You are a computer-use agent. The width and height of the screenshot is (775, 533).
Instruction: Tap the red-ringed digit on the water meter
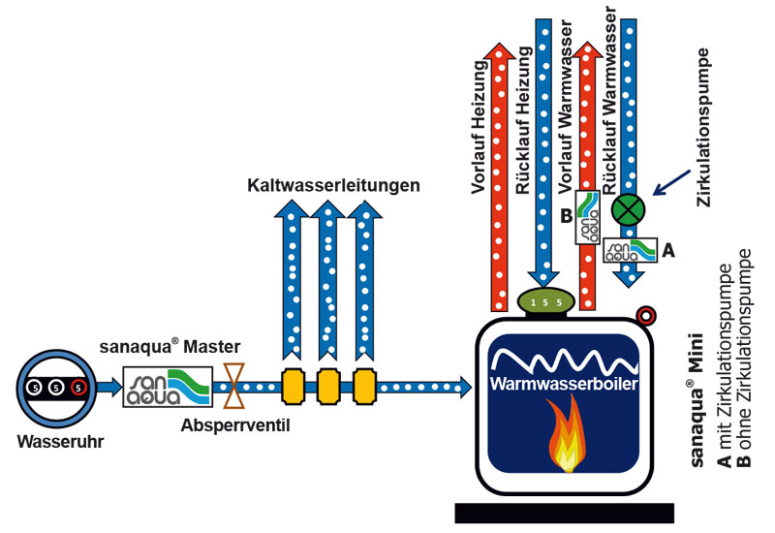pos(78,388)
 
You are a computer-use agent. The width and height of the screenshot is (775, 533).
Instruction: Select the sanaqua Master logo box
pos(168,387)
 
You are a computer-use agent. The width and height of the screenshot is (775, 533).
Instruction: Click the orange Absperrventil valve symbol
pos(233,386)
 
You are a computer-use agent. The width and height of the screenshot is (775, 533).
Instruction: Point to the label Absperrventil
pos(235,425)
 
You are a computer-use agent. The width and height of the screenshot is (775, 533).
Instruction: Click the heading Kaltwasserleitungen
pos(333,185)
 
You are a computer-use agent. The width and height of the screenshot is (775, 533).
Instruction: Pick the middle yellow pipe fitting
pos(328,387)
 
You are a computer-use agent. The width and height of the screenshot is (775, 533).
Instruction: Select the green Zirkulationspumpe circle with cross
pos(628,209)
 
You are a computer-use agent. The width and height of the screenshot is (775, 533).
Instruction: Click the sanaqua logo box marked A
pos(631,250)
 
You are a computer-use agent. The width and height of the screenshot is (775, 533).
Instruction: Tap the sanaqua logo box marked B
pos(588,217)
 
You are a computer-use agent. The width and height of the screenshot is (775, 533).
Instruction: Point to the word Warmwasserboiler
pos(564,384)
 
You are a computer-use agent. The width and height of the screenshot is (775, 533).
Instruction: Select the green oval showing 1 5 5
pos(545,301)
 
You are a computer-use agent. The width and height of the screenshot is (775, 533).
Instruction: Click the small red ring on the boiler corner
pos(646,315)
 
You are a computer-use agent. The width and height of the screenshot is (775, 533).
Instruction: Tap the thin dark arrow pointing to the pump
pos(671,182)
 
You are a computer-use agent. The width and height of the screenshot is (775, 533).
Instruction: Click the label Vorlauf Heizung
pos(480,127)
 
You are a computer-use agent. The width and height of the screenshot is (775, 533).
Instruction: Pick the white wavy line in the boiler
pos(564,361)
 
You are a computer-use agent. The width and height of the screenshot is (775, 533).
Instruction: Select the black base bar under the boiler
pos(565,513)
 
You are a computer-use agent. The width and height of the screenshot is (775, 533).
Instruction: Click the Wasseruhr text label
pos(61,442)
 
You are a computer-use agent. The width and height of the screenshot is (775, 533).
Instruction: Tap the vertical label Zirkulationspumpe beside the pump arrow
pos(703,127)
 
